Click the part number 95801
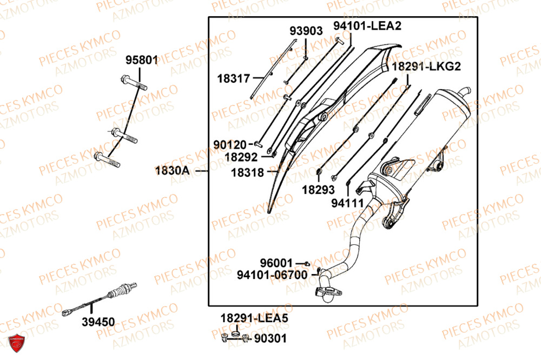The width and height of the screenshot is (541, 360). click(142, 60)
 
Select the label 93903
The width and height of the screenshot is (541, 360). click(306, 31)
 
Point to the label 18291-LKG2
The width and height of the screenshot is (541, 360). click(426, 66)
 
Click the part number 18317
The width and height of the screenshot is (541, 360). click(234, 79)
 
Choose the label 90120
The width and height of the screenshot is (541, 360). click(230, 145)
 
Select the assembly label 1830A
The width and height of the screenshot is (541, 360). click(173, 170)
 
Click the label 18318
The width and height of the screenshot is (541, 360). click(247, 173)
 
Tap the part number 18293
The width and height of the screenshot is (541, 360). click(318, 190)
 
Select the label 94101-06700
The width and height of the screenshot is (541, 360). click(272, 275)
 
